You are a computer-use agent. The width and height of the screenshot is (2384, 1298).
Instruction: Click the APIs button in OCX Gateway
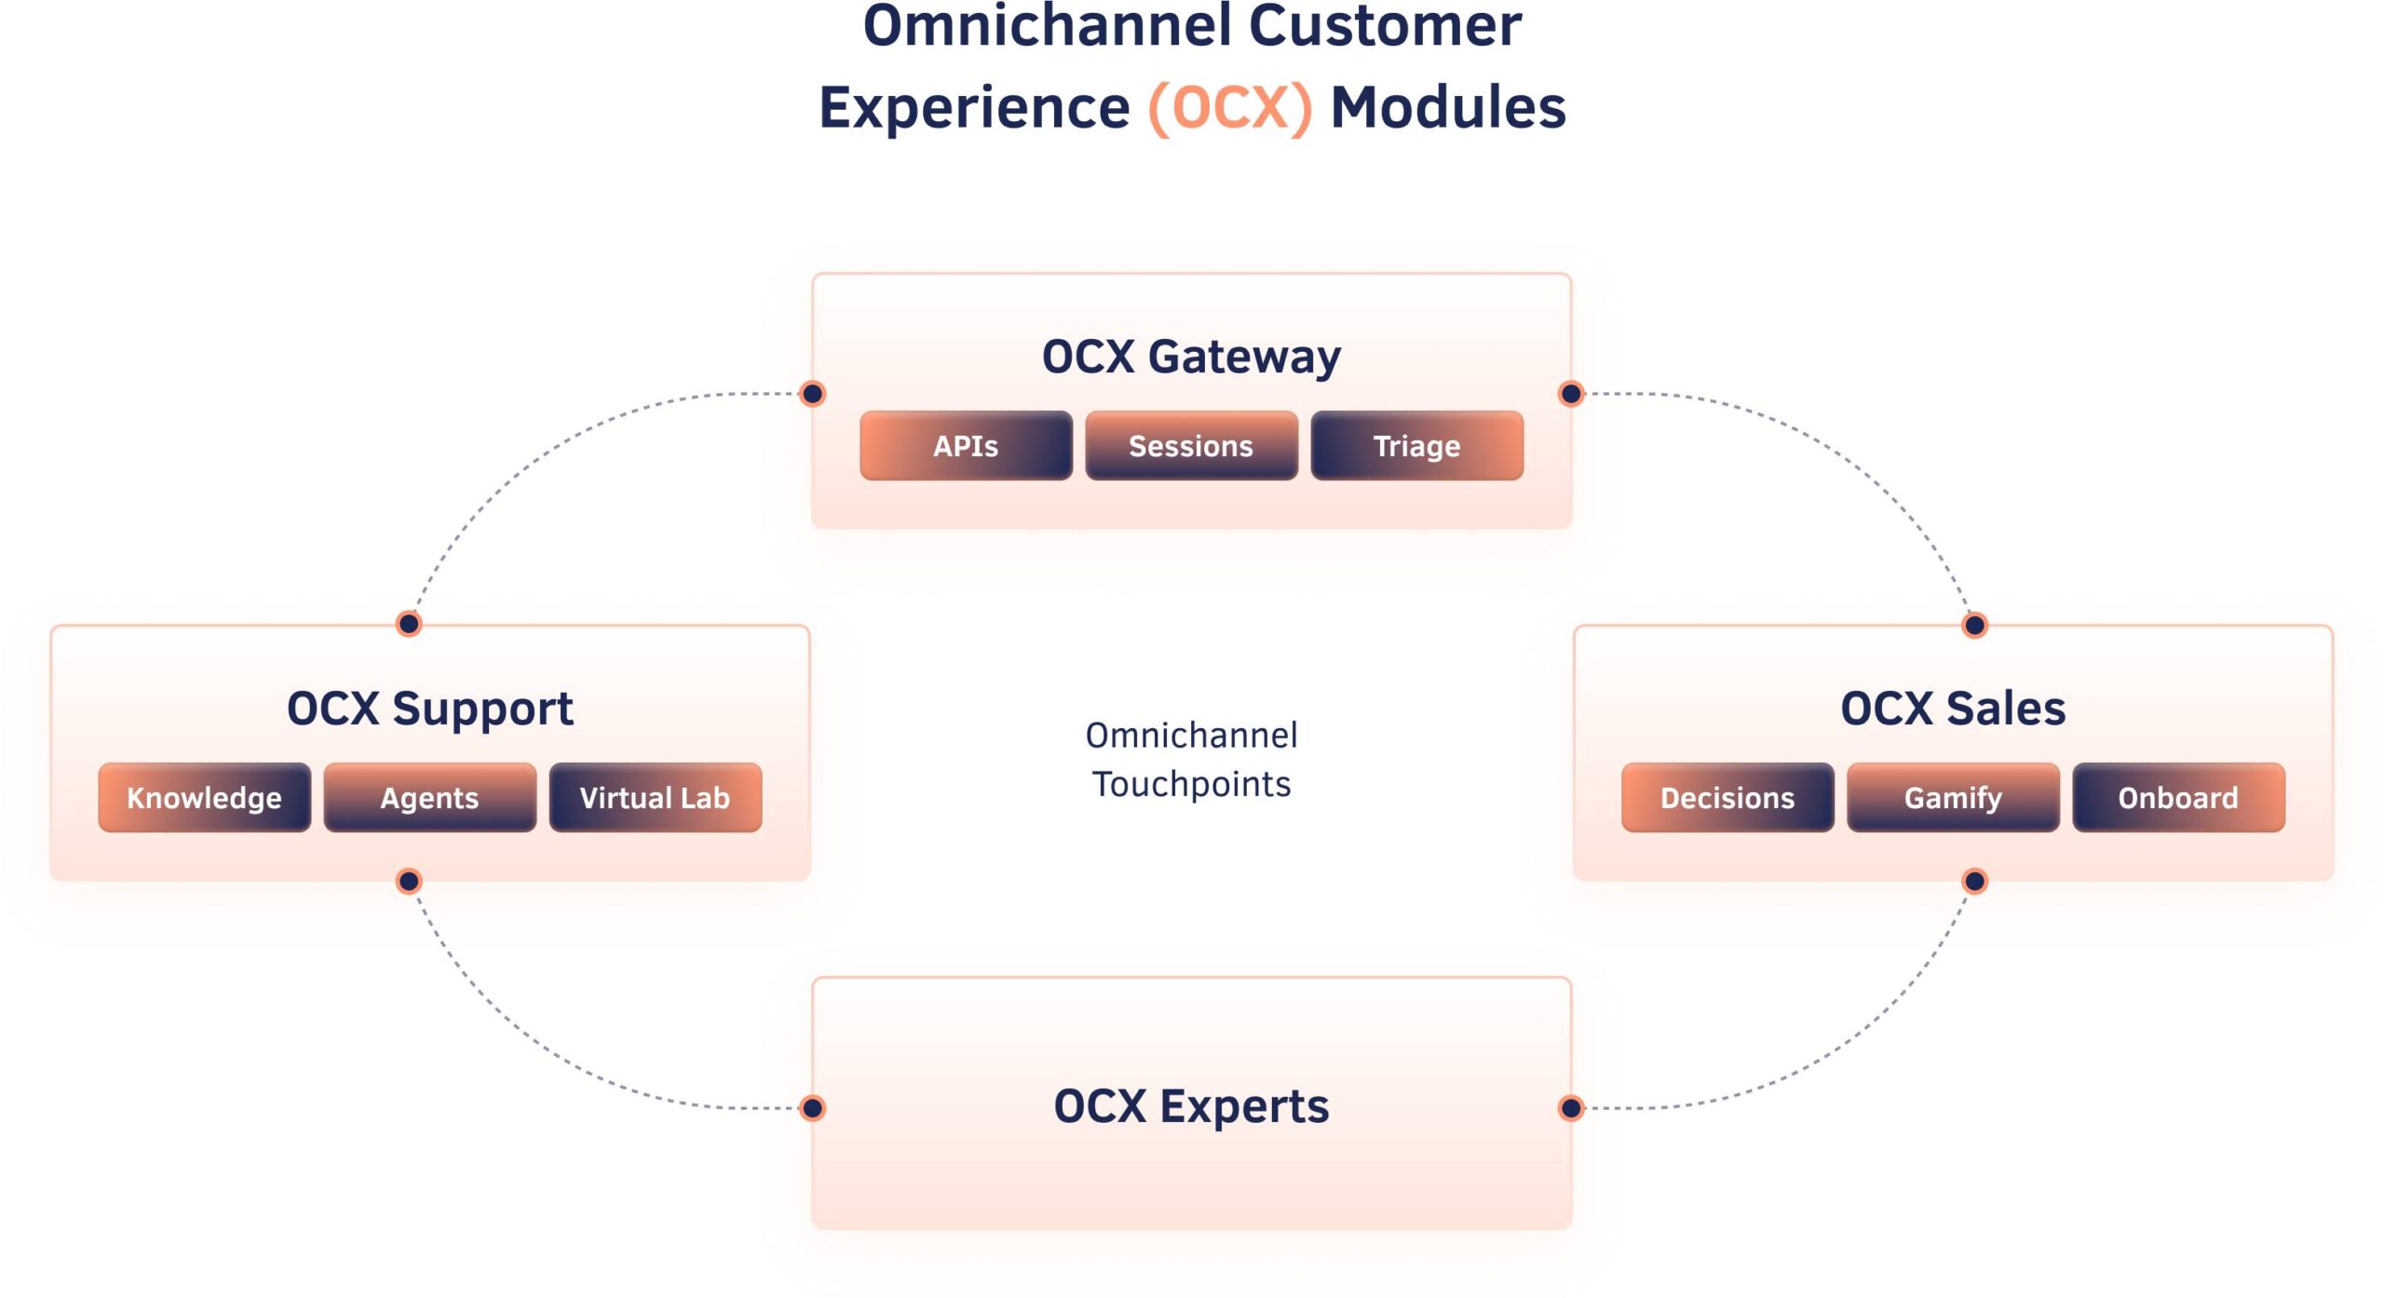pos(966,446)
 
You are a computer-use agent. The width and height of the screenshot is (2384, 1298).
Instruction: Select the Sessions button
pos(1191,446)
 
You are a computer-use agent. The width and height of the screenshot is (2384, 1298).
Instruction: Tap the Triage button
pos(1416,446)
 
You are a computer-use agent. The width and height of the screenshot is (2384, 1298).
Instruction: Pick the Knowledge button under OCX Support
pos(204,798)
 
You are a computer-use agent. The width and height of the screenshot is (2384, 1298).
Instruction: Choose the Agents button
pos(429,798)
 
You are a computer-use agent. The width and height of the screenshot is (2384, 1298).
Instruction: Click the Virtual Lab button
pos(655,798)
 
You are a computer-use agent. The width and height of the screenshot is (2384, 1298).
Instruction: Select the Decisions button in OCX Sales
pos(1727,798)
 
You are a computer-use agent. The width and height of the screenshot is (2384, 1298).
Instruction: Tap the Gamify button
pos(1953,798)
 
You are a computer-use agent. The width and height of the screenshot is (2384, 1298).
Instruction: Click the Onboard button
pos(2178,798)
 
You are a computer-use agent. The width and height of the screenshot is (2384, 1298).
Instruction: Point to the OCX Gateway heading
pos(1191,358)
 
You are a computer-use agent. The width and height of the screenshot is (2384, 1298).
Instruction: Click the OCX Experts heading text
pos(1191,1107)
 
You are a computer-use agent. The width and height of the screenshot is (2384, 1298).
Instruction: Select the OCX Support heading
pos(429,710)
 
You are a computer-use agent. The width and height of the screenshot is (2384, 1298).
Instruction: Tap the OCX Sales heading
pos(1953,709)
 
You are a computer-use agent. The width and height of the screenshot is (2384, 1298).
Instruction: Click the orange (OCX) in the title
pos(1230,108)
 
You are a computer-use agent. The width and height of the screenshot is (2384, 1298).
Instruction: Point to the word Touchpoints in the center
pos(1191,785)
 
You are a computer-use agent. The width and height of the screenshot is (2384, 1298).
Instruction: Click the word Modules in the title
pos(1448,108)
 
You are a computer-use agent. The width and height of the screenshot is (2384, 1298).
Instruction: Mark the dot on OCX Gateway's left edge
pos(812,394)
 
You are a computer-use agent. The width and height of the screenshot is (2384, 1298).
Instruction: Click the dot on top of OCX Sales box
pos(1974,625)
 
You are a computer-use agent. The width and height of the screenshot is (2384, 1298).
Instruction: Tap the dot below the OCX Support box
pos(408,881)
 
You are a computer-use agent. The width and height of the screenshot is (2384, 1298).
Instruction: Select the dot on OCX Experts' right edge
pos(1571,1108)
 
